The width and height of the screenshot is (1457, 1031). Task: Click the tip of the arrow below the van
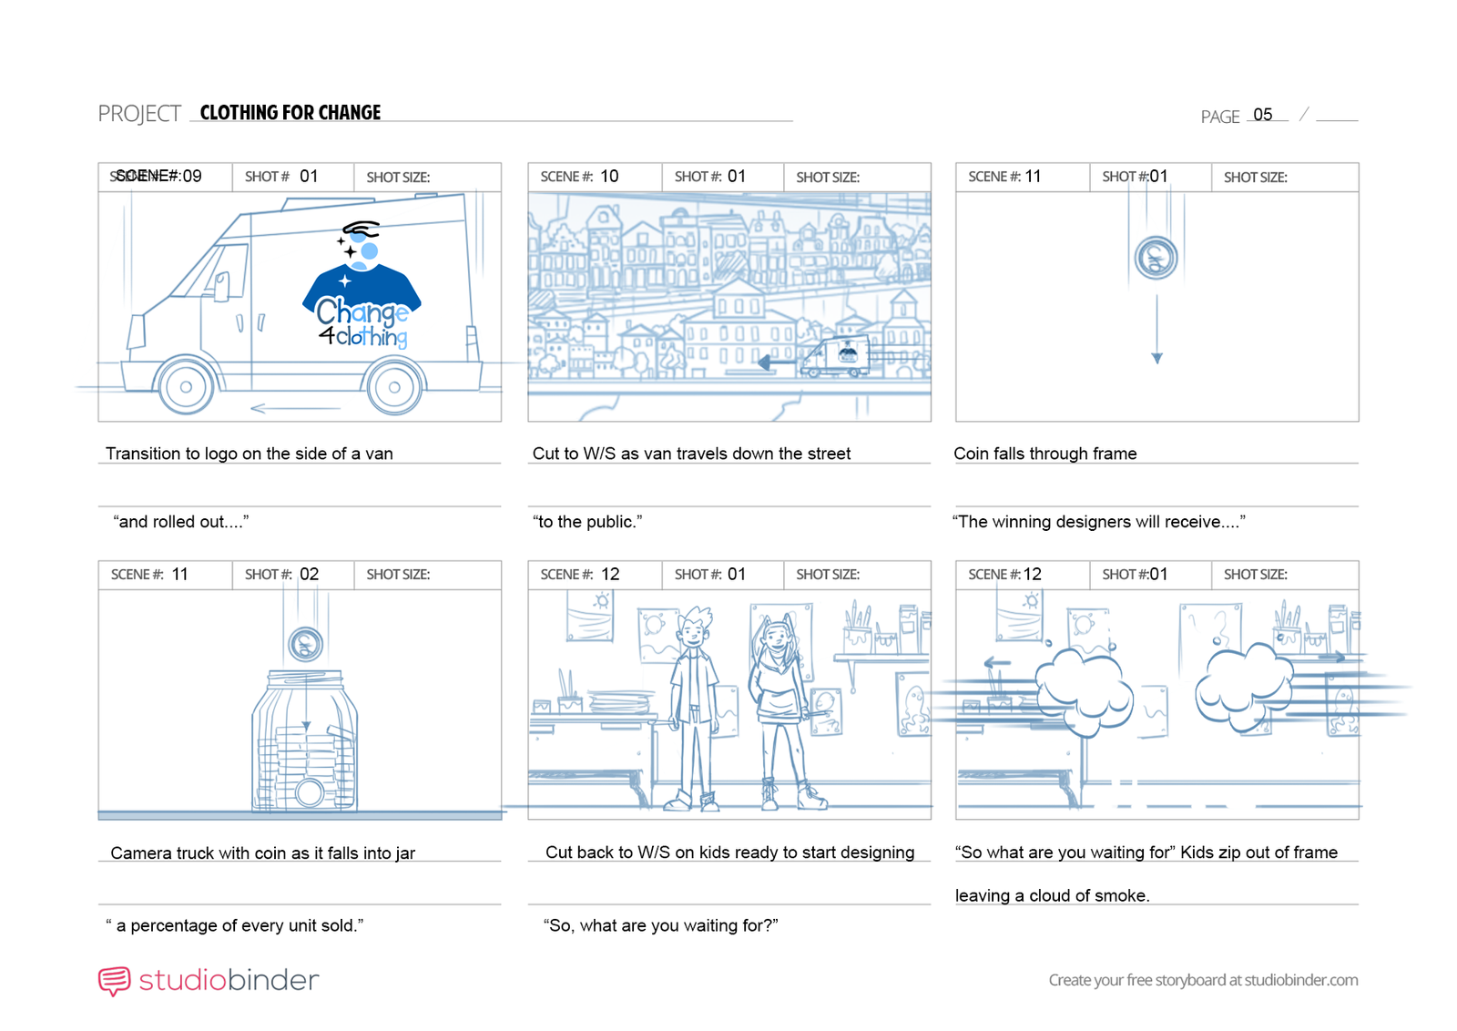[x=251, y=409]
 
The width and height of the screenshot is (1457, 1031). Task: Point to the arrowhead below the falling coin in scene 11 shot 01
[x=1156, y=359]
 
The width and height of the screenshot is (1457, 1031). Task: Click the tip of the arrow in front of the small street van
[x=759, y=362]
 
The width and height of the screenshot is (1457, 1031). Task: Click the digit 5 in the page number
[x=1268, y=115]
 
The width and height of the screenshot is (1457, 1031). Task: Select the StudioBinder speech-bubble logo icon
[x=115, y=981]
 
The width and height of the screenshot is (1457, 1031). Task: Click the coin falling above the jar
[x=306, y=644]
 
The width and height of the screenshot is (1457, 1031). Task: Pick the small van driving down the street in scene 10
[x=834, y=356]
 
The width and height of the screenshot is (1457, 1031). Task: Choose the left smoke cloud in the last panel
[x=1083, y=692]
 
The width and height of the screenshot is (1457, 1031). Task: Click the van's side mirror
[x=222, y=286]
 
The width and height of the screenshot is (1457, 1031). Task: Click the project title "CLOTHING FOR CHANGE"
[x=290, y=113]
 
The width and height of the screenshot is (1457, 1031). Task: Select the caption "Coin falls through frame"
[x=1045, y=454]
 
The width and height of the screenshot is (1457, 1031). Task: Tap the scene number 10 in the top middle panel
[x=609, y=177]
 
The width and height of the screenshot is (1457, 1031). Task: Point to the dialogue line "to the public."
[x=587, y=522]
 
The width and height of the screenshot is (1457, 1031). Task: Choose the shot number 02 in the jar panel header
[x=309, y=575]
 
